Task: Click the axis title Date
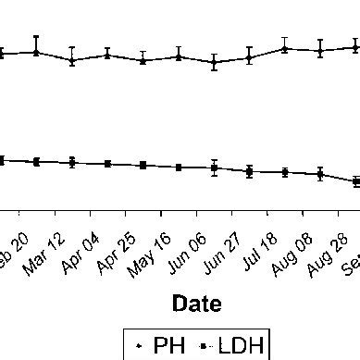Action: pyautogui.click(x=196, y=304)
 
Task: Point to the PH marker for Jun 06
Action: pyautogui.click(x=215, y=63)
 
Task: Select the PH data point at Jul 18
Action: pyautogui.click(x=285, y=47)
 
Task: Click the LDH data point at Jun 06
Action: pyautogui.click(x=215, y=168)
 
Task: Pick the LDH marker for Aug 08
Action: pyautogui.click(x=320, y=173)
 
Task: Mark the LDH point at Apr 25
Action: pyautogui.click(x=143, y=165)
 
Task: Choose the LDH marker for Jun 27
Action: pyautogui.click(x=250, y=171)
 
